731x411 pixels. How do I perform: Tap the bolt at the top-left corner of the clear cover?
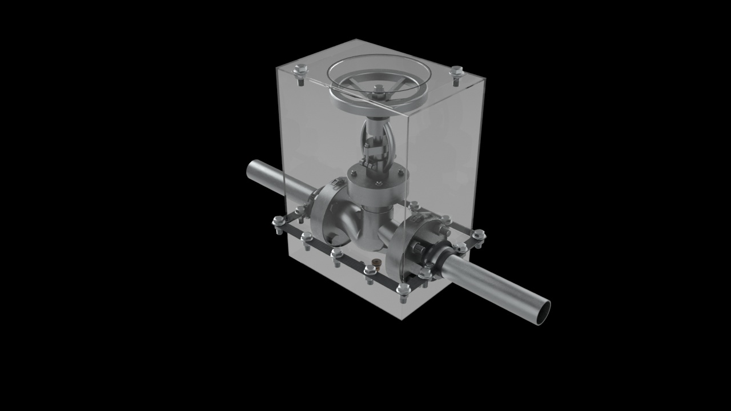300,71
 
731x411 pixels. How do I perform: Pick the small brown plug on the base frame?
376,263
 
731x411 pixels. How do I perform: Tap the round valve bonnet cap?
377,178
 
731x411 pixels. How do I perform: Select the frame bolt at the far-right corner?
479,234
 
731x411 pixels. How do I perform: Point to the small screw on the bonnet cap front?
378,183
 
